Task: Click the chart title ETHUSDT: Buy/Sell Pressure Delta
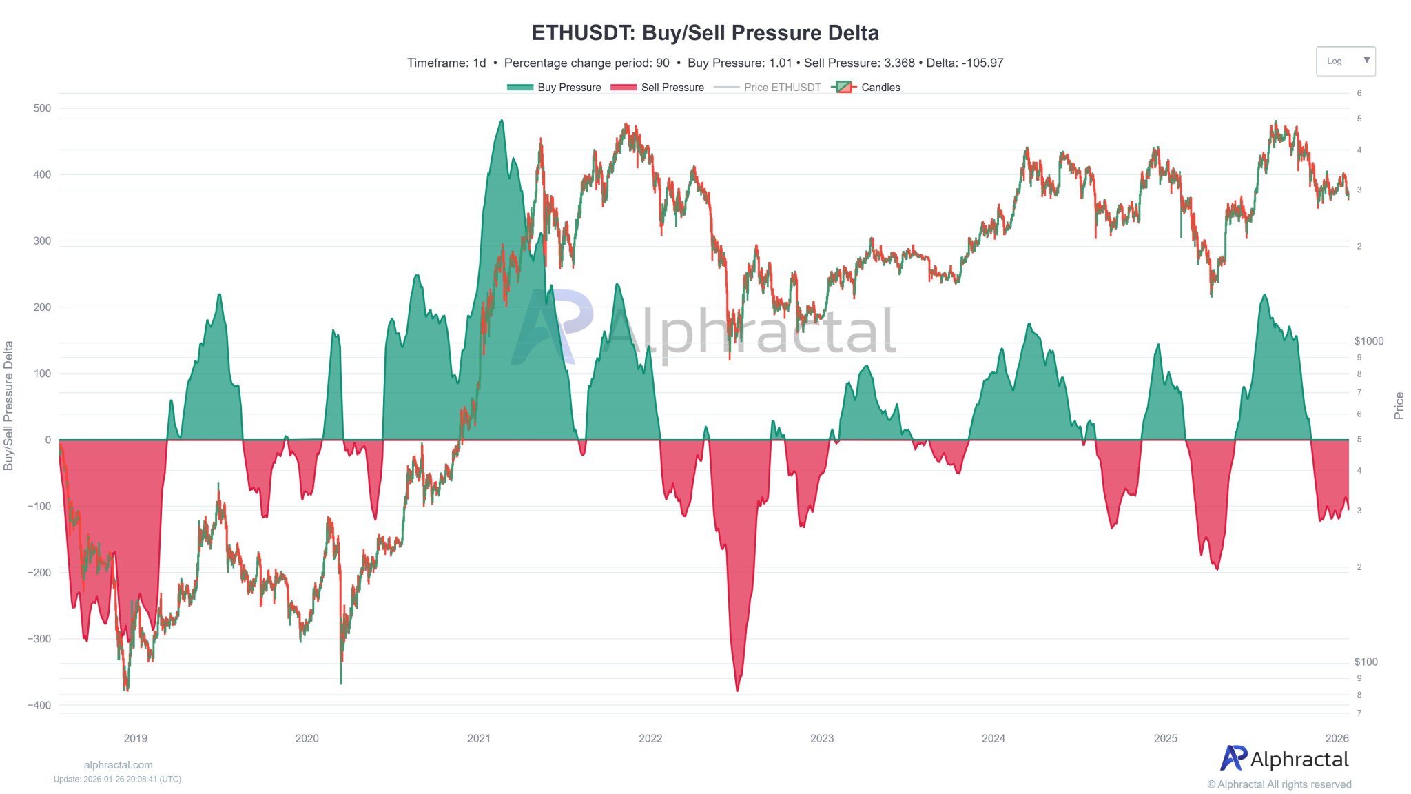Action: (x=705, y=33)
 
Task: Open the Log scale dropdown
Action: (x=1345, y=61)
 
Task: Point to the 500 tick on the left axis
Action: (x=42, y=108)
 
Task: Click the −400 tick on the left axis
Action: (x=39, y=705)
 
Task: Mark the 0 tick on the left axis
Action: (x=48, y=440)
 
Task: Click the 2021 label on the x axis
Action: (x=479, y=738)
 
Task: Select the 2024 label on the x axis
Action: (x=993, y=738)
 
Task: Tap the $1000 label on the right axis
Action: (x=1368, y=341)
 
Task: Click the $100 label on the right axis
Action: (x=1366, y=662)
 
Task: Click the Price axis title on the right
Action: (x=1399, y=405)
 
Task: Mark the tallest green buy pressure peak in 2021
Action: (x=501, y=121)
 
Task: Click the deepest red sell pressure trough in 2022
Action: (x=737, y=689)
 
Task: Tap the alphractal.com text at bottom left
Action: (x=118, y=765)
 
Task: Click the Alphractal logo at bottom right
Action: (x=1284, y=759)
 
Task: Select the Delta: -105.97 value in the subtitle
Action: (x=965, y=63)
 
